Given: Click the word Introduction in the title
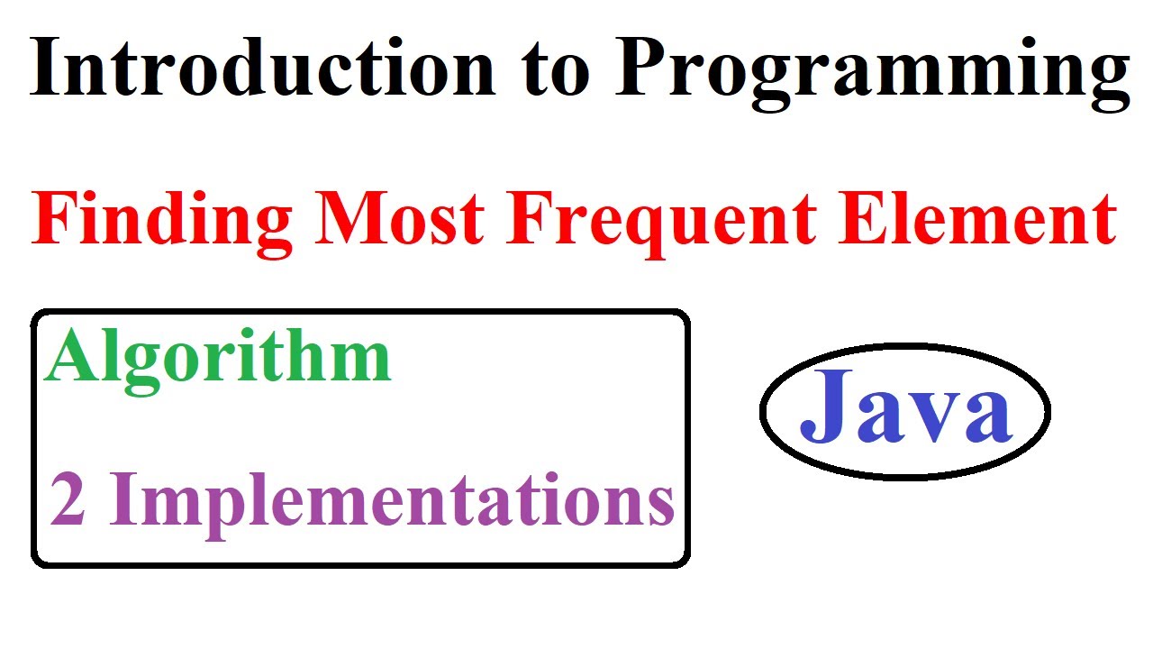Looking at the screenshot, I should tap(261, 69).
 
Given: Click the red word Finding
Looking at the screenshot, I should tap(162, 221).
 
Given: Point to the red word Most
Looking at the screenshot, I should tap(402, 221).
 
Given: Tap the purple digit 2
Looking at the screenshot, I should tap(68, 501).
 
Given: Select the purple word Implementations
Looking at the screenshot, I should tap(392, 503).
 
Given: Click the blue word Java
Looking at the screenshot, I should tap(904, 411).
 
